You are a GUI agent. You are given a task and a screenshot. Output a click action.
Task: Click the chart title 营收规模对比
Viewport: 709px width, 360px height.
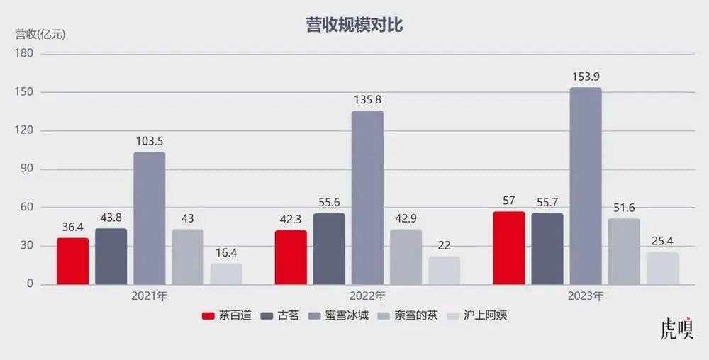(354, 26)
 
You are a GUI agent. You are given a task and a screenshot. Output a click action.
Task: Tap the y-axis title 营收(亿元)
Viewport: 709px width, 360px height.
(40, 34)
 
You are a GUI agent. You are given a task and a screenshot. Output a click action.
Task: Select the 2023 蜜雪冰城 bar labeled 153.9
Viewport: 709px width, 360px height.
(586, 186)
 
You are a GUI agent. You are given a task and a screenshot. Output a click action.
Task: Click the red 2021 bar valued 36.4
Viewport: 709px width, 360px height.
(73, 261)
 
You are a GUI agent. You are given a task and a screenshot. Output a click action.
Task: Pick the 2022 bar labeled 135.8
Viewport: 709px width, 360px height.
(367, 197)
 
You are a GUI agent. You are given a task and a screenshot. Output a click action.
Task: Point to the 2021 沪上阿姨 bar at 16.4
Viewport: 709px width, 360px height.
(226, 274)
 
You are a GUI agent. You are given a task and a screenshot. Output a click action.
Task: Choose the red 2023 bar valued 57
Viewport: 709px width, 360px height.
(509, 247)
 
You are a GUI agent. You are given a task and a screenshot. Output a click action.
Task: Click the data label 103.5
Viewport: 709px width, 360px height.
(150, 141)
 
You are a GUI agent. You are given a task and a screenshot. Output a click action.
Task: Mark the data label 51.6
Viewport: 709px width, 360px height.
(624, 208)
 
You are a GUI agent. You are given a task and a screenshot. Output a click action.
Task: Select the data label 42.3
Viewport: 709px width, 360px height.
(291, 219)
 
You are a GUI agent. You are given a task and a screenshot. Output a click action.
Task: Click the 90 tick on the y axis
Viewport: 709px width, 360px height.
(26, 169)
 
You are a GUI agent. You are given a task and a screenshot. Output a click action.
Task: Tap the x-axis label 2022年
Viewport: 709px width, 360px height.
(367, 296)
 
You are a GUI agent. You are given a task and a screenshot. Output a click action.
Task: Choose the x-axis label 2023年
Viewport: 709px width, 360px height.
(586, 296)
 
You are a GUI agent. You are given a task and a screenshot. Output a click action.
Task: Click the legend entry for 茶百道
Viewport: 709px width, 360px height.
(227, 315)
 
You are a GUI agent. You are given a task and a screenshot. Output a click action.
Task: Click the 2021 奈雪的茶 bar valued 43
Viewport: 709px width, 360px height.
(188, 257)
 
